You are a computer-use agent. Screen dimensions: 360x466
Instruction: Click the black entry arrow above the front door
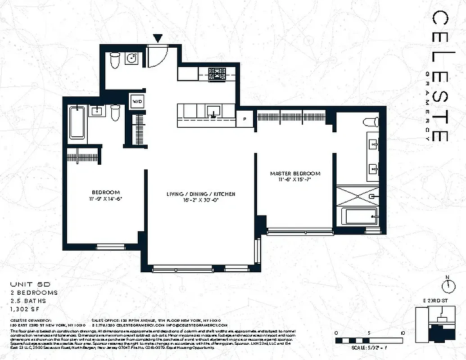[x=158, y=39]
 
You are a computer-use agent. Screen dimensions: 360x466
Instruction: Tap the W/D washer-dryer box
[x=137, y=101]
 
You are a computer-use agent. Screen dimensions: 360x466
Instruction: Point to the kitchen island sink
[x=213, y=111]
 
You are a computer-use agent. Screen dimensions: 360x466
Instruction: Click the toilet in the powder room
[x=114, y=59]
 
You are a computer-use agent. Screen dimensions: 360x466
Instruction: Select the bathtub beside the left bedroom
[x=77, y=122]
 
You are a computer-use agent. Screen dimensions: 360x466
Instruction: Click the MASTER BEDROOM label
[x=295, y=173]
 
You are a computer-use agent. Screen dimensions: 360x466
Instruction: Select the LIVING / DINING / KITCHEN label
[x=201, y=194]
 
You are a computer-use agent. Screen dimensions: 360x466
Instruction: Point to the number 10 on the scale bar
[x=402, y=333]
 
